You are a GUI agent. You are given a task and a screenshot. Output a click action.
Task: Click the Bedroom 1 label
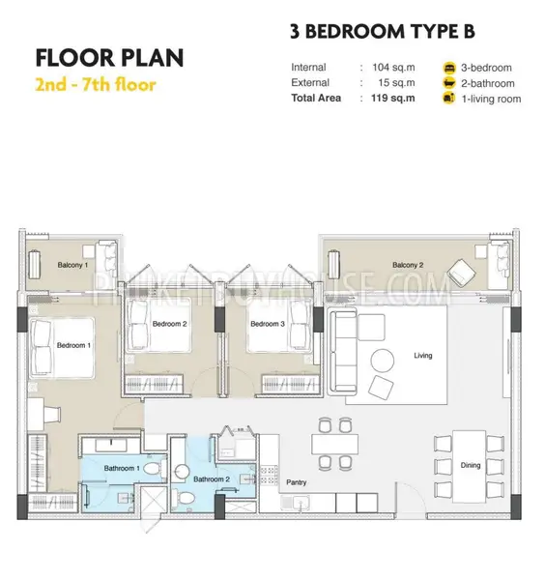(73, 345)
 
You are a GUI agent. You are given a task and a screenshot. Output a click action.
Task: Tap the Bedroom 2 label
(169, 324)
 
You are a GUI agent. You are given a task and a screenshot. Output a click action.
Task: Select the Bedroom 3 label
(268, 324)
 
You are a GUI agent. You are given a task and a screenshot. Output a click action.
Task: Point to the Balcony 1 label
(72, 265)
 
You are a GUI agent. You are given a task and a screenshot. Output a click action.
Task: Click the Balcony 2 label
(408, 265)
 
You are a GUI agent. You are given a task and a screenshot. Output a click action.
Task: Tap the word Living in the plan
(423, 356)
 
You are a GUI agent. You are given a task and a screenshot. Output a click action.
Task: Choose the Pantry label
(296, 482)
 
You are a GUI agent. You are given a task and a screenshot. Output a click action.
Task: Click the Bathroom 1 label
(122, 468)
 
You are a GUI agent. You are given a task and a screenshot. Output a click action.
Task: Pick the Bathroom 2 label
(212, 479)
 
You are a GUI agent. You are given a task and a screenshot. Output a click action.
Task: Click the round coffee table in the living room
(383, 361)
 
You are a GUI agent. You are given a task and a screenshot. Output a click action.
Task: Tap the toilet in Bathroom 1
(153, 469)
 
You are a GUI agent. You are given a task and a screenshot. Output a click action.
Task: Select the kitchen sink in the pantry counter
(298, 503)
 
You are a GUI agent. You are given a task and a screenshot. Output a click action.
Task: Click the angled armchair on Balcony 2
(461, 273)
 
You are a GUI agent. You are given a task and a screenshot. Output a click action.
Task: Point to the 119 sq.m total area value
(392, 98)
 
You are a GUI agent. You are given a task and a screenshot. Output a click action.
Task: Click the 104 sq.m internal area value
(393, 68)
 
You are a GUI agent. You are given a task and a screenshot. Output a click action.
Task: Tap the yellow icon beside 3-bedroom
(449, 68)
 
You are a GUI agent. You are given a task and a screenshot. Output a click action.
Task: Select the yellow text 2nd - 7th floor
(96, 85)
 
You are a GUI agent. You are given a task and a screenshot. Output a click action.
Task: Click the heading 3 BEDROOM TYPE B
(383, 32)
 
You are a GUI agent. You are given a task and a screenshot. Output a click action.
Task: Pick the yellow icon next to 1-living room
(449, 99)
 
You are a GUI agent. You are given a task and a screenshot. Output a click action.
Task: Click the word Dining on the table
(471, 465)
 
